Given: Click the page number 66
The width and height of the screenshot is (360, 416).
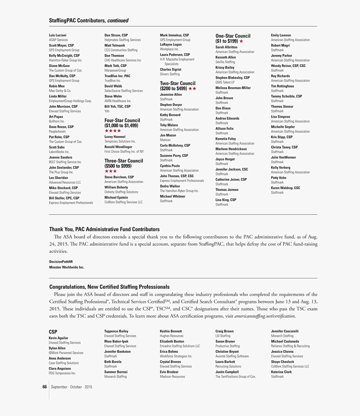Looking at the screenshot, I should pos(44,387).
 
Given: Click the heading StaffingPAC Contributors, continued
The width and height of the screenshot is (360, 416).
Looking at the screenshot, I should pos(89,21).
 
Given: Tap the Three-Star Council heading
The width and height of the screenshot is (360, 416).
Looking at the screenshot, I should pos(123,163).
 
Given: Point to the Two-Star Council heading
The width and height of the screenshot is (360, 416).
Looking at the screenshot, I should pos(178,86).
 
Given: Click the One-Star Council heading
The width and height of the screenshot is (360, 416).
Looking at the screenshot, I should pos(233,39).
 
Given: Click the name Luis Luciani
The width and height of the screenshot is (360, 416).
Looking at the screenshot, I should pos(58,35).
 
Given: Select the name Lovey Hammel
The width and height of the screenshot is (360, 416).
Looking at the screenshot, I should pos(115,137).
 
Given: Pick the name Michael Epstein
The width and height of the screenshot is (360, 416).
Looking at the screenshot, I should pos(116,197).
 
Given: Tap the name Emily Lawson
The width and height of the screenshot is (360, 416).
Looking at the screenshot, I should pos(281,35).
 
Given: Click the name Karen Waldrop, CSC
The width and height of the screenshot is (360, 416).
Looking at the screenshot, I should pos(285,188).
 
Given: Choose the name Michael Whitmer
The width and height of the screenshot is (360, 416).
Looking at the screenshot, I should pos(172,196).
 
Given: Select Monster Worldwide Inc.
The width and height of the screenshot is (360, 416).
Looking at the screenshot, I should pos(67,267).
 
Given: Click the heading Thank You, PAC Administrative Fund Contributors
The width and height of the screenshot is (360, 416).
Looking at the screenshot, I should pos(104,229).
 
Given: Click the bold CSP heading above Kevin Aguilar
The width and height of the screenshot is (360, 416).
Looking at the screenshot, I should pos(53,332).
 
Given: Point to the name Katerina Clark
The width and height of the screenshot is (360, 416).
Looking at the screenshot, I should pos(281,372).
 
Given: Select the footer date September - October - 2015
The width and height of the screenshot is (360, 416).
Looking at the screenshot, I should pos(72,387).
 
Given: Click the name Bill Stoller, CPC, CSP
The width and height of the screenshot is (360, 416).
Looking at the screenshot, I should pos(64,198).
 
